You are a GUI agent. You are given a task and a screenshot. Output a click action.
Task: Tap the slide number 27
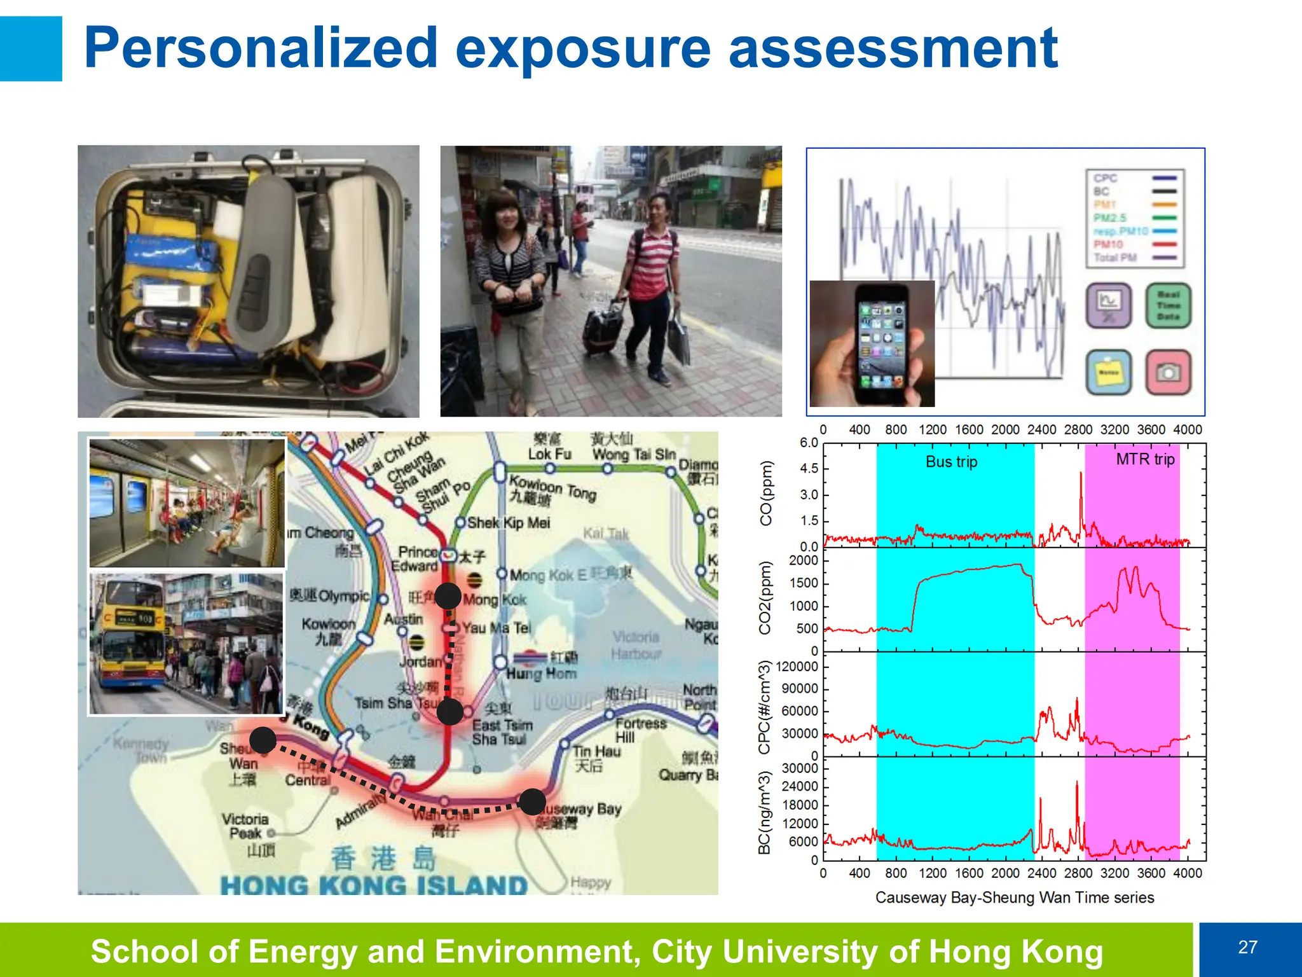[1247, 947]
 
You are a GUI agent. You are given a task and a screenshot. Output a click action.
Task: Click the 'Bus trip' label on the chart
[951, 462]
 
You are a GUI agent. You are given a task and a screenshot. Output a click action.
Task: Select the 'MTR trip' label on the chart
[1145, 459]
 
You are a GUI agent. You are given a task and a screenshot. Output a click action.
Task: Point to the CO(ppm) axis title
[767, 493]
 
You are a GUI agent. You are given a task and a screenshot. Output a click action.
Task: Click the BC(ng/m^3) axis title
[765, 812]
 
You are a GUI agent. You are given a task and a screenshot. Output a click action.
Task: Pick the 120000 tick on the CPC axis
[797, 667]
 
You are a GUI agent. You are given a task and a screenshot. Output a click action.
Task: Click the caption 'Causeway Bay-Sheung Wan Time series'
[1015, 897]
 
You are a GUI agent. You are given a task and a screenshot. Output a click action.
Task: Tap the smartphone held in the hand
[881, 343]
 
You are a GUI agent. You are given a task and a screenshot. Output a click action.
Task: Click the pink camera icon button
[1168, 373]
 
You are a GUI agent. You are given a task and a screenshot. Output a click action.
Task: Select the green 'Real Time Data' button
[1168, 306]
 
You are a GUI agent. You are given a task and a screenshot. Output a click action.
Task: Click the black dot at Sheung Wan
[263, 740]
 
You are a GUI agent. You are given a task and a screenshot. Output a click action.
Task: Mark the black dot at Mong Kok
[448, 596]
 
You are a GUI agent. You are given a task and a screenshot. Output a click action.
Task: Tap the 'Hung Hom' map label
[542, 673]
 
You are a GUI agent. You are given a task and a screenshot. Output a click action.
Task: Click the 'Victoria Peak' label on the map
[245, 826]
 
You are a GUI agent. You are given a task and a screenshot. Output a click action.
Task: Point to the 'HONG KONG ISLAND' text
[374, 885]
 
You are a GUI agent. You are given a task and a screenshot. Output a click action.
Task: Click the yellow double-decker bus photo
[186, 643]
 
